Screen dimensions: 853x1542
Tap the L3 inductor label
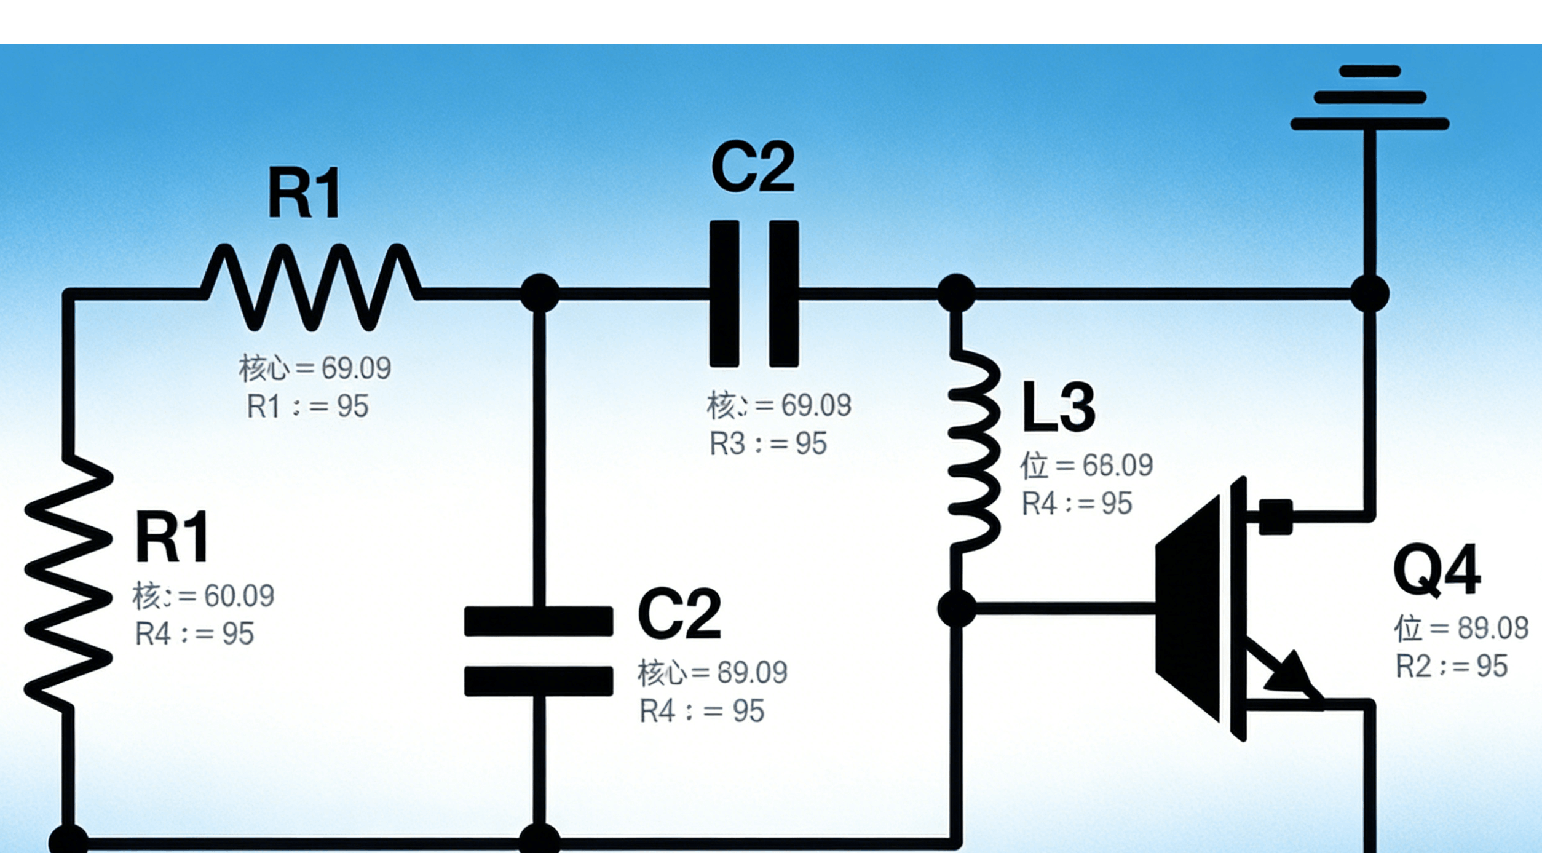tap(1058, 407)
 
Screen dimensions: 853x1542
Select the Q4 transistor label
tap(1436, 569)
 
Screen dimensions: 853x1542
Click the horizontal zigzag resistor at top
tap(311, 288)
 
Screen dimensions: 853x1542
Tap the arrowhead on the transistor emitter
tap(1291, 674)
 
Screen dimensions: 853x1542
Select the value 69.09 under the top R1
tap(356, 368)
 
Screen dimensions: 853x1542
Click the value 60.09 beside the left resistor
tap(239, 596)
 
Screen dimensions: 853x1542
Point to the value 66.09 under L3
tap(1117, 466)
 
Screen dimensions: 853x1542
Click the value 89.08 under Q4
tap(1492, 629)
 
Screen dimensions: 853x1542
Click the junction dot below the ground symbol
tap(1370, 294)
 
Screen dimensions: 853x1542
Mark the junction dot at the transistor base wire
tap(957, 609)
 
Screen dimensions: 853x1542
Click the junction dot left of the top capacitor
tap(540, 293)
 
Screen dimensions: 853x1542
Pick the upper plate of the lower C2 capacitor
tap(539, 621)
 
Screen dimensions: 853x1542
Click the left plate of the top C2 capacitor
tap(724, 294)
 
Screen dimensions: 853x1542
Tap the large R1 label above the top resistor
tap(304, 194)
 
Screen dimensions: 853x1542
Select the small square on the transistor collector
tap(1276, 517)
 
